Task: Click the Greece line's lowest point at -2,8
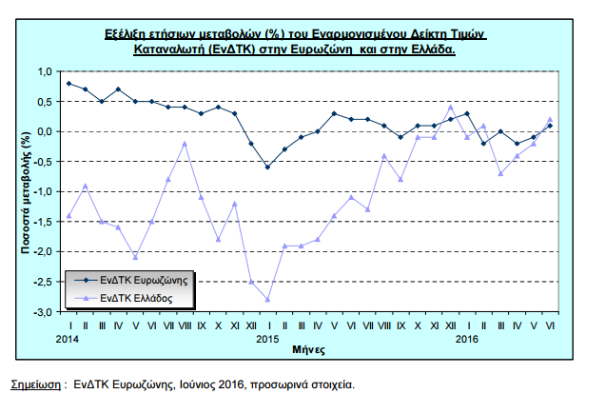click(267, 300)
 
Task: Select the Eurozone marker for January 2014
click(69, 84)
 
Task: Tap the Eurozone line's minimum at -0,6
click(267, 167)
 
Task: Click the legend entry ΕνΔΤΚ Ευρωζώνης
click(131, 281)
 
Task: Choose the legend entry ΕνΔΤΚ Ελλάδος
click(123, 298)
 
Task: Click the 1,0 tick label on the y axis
click(45, 71)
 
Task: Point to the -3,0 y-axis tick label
click(43, 312)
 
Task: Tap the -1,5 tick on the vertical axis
click(43, 222)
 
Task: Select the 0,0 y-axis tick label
click(45, 131)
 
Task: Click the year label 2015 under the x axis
click(267, 339)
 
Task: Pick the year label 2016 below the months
click(466, 339)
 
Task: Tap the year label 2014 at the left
click(68, 339)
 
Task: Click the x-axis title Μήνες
click(308, 350)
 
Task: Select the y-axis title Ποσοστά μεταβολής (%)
click(26, 192)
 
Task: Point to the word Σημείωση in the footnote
click(35, 384)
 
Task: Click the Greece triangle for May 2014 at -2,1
click(135, 257)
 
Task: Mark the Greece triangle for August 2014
click(185, 144)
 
